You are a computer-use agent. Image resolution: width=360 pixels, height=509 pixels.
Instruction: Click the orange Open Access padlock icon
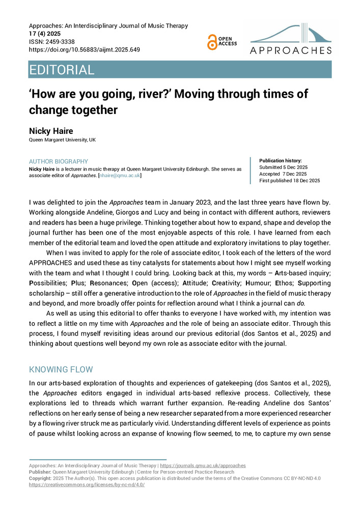pos(212,42)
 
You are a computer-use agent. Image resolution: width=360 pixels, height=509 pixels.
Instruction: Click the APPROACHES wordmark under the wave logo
pos(291,50)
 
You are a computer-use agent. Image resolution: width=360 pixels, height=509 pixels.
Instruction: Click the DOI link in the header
pos(85,50)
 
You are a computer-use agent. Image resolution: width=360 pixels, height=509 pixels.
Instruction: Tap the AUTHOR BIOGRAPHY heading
pos(59,162)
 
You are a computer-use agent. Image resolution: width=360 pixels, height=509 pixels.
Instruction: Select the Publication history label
pos(281,160)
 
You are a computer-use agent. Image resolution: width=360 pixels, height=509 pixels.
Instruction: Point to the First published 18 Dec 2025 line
pos(290,181)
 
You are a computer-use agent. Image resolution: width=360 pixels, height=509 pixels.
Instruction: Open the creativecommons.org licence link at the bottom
pos(87,485)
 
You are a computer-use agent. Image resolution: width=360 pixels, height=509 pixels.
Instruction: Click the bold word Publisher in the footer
pos(40,472)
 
